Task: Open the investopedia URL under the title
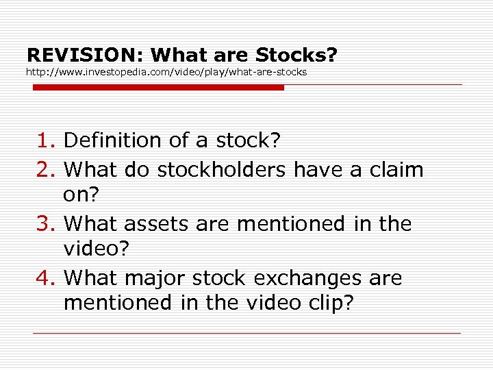(166, 71)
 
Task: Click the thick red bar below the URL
(157, 88)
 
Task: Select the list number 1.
(45, 140)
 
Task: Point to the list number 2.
(45, 169)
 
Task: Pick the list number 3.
(45, 223)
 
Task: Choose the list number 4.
(45, 278)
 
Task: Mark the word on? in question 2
(81, 195)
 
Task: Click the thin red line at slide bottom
(246, 333)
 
